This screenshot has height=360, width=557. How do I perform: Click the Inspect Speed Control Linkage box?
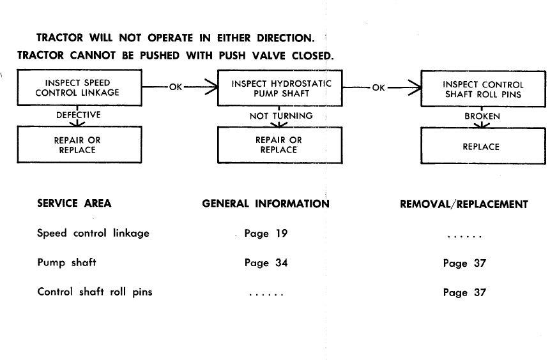click(80, 87)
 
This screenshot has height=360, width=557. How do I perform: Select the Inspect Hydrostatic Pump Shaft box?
click(280, 88)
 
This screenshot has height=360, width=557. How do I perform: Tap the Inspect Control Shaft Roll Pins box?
click(483, 89)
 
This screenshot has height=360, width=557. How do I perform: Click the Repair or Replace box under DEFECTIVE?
click(80, 144)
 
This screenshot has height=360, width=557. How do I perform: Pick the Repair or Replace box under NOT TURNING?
click(280, 145)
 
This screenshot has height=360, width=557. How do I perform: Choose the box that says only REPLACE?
click(483, 146)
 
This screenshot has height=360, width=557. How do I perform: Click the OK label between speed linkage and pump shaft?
click(176, 87)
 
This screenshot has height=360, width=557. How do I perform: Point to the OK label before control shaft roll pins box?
click(379, 87)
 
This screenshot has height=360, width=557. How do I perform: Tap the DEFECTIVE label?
click(79, 115)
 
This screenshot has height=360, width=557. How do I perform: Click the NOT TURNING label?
click(281, 116)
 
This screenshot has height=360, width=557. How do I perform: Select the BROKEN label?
click(482, 116)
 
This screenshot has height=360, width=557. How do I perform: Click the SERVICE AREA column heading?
click(74, 203)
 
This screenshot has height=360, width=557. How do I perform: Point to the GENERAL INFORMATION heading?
click(266, 204)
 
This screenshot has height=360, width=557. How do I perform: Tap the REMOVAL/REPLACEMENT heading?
click(464, 204)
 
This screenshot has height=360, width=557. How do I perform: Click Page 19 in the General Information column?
click(266, 233)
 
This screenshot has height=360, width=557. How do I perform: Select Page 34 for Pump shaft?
click(266, 263)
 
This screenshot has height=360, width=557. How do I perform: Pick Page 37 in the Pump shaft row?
click(464, 263)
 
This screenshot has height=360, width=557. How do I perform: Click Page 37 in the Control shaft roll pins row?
click(464, 292)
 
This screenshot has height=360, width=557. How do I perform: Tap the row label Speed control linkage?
click(93, 233)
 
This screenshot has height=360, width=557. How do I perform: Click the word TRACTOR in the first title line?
click(59, 38)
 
